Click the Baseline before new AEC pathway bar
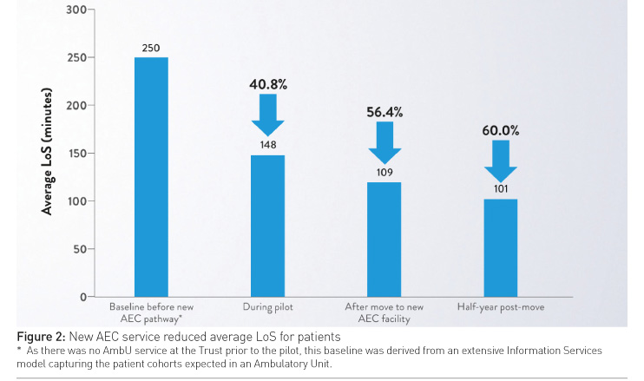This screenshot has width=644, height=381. pyautogui.click(x=151, y=177)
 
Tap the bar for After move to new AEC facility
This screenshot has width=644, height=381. pyautogui.click(x=384, y=240)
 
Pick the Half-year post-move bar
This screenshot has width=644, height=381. pyautogui.click(x=500, y=248)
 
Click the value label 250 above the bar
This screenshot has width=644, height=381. pyautogui.click(x=151, y=48)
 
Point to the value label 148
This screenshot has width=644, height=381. pyautogui.click(x=267, y=145)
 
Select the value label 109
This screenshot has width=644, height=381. pyautogui.click(x=384, y=173)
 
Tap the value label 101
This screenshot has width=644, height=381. pyautogui.click(x=501, y=188)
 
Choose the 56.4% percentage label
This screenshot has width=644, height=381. pyautogui.click(x=384, y=112)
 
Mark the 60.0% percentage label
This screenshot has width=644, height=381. pyautogui.click(x=501, y=131)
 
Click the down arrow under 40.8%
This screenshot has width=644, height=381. pyautogui.click(x=267, y=115)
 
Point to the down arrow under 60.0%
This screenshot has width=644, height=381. pyautogui.click(x=501, y=161)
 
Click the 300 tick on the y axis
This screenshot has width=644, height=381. pyautogui.click(x=76, y=10)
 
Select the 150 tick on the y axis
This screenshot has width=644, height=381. pyautogui.click(x=76, y=154)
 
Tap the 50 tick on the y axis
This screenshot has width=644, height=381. pyautogui.click(x=79, y=249)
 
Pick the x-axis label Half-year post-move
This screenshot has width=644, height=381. pyautogui.click(x=500, y=308)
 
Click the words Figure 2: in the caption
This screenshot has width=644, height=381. pyautogui.click(x=44, y=336)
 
